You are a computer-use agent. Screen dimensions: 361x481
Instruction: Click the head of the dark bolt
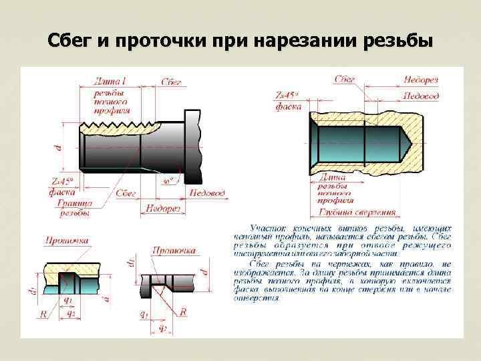(x=193, y=146)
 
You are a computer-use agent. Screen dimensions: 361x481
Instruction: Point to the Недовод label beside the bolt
(x=208, y=193)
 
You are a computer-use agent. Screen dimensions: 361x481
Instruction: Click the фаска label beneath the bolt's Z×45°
(x=63, y=191)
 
